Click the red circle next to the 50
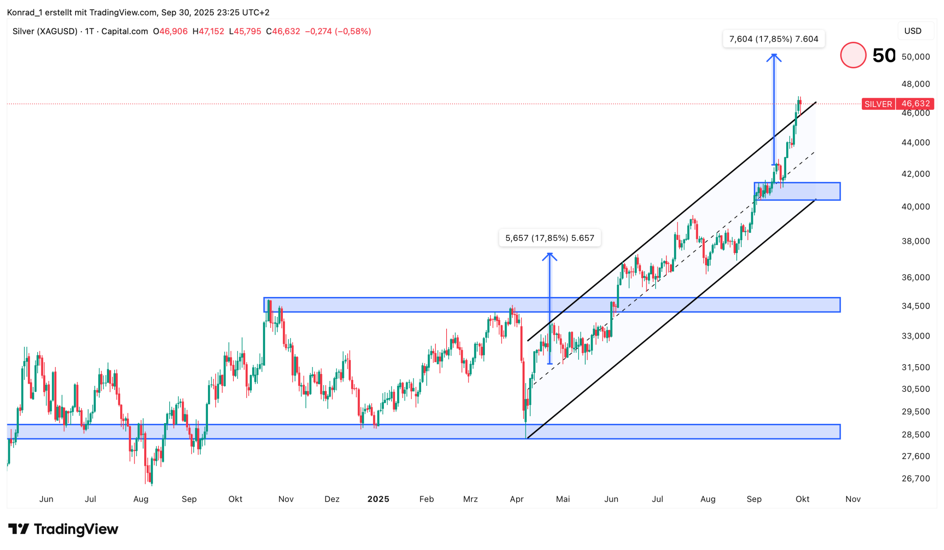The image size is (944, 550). coord(853,55)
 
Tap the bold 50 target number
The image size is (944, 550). coord(884,55)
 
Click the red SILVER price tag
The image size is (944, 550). coord(878,104)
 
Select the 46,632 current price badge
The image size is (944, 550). coord(915,103)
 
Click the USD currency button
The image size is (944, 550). coord(913,31)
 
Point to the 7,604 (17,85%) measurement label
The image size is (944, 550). coord(774,39)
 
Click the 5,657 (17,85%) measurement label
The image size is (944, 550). coord(549,238)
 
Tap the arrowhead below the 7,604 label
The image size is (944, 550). coord(774,57)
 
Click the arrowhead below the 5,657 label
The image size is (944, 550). coord(549,256)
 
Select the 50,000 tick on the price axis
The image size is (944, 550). coord(915,56)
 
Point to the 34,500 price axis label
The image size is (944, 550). coord(915,306)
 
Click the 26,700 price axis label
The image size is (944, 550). coord(915,478)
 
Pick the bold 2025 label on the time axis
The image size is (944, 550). coord(378,499)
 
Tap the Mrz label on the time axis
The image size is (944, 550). coord(470,499)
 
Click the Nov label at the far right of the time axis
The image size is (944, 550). coord(853,499)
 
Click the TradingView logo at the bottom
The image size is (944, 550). coord(63,529)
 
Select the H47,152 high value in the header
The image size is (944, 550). coord(208,31)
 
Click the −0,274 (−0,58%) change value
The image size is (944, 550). coord(338,31)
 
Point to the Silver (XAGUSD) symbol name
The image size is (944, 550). coord(45,31)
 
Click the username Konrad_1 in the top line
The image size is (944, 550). coord(24,13)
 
